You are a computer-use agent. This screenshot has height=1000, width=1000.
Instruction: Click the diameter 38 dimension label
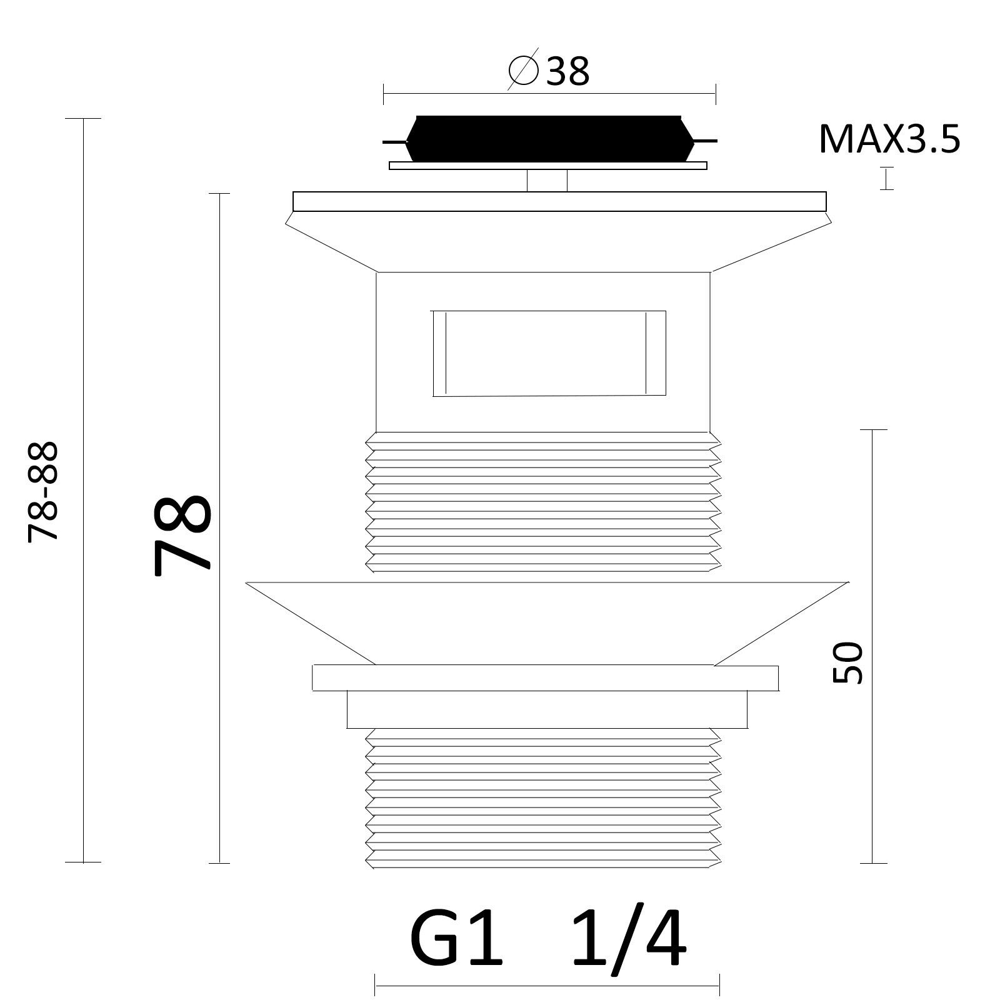pos(549,71)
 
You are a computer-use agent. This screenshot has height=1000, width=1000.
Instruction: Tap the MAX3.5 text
pos(889,139)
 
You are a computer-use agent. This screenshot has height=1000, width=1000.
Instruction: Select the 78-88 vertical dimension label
pos(44,491)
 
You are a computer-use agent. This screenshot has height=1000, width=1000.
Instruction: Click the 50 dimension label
pos(848,663)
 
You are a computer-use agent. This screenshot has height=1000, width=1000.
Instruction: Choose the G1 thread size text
pos(456,937)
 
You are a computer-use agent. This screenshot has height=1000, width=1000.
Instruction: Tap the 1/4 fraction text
pos(629,937)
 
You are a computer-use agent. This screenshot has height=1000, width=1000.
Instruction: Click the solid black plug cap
pos(549,137)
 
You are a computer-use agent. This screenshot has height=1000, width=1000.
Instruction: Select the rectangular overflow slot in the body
pos(549,353)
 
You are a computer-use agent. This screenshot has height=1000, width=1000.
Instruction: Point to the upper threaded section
pos(541,502)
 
